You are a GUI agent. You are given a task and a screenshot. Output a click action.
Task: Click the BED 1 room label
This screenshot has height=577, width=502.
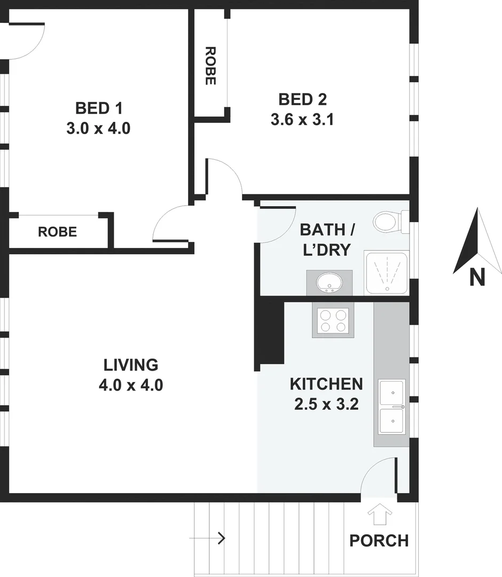(x=99, y=108)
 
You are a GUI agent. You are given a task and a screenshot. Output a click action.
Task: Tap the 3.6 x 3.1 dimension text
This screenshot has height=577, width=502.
(x=302, y=119)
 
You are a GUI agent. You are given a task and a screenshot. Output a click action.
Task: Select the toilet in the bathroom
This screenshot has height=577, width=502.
(x=386, y=221)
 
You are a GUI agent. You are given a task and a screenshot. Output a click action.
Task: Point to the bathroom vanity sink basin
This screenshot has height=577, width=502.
(x=329, y=282)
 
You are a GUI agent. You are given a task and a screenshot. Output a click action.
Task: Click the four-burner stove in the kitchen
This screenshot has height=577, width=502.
(x=332, y=321)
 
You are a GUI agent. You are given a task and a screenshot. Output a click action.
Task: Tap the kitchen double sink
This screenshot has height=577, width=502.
(x=392, y=407)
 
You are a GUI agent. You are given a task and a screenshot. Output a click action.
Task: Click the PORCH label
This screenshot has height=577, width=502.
(x=379, y=541)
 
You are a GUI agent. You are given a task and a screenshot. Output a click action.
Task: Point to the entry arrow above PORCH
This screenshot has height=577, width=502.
(x=380, y=514)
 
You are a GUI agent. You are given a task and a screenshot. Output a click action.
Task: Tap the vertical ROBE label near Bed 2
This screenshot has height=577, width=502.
(x=210, y=66)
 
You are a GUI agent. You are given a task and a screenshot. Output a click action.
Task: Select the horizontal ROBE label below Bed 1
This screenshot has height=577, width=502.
(x=57, y=232)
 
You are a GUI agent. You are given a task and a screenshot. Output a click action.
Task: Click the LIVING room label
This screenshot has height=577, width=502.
(x=131, y=365)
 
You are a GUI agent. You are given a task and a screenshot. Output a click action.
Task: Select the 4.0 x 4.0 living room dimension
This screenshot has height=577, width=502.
(x=131, y=385)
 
